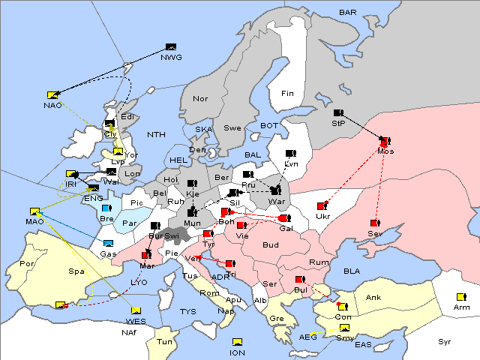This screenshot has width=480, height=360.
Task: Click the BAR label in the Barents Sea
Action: pos(347,12)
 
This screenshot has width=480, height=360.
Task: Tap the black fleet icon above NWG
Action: pos(170,47)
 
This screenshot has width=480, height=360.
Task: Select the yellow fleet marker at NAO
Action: pos(52,95)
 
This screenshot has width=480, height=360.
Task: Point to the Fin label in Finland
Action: pos(287,94)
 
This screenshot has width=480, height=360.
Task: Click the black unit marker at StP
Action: pos(337,113)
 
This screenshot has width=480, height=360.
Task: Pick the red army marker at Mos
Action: pos(385,141)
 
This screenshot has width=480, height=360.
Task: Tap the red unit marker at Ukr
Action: pos(322,206)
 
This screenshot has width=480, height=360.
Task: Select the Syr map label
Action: pos(445,342)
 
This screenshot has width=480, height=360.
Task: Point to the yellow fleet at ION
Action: pos(237,341)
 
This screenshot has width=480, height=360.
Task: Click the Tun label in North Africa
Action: pos(164,341)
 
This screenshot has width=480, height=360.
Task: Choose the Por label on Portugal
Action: pos(28,264)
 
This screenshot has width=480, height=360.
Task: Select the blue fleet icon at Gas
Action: pos(109,244)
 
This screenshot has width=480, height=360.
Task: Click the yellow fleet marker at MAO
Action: pos(34,211)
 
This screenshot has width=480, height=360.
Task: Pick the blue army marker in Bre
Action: pos(106,208)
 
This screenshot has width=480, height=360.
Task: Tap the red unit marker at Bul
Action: pos(300,280)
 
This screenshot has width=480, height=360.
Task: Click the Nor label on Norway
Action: pos(200,98)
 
